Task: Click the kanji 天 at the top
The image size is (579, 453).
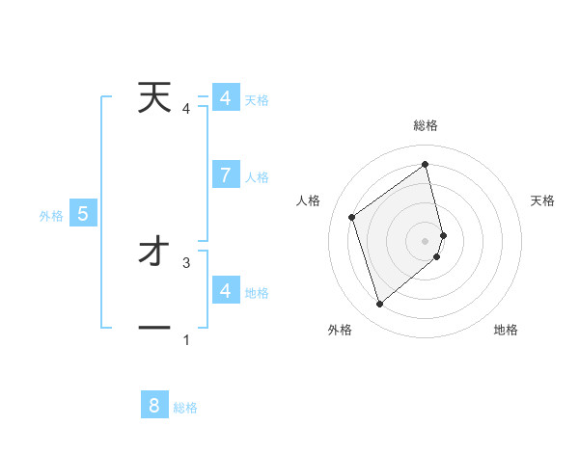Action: click(x=153, y=97)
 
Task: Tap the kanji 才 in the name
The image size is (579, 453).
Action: click(x=153, y=253)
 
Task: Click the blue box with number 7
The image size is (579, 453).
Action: click(x=225, y=174)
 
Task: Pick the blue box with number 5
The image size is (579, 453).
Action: click(x=83, y=214)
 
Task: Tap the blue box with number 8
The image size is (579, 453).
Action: click(x=154, y=406)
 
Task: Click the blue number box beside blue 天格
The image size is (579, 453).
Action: click(x=225, y=98)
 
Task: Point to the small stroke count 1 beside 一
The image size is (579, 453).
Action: click(x=186, y=339)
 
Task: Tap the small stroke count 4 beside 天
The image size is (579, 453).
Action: click(x=186, y=108)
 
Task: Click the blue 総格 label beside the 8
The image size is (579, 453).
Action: click(x=185, y=408)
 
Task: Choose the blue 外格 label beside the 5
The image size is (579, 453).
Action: click(x=51, y=216)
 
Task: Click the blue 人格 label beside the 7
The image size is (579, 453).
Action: click(x=257, y=177)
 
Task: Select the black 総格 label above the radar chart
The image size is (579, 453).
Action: click(x=426, y=125)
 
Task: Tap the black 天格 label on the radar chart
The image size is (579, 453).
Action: click(x=543, y=200)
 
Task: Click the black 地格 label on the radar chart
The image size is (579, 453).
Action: click(x=506, y=330)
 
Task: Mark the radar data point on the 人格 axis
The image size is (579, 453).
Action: click(x=352, y=217)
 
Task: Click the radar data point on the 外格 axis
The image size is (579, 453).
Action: click(x=379, y=305)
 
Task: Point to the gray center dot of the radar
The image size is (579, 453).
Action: click(x=426, y=240)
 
